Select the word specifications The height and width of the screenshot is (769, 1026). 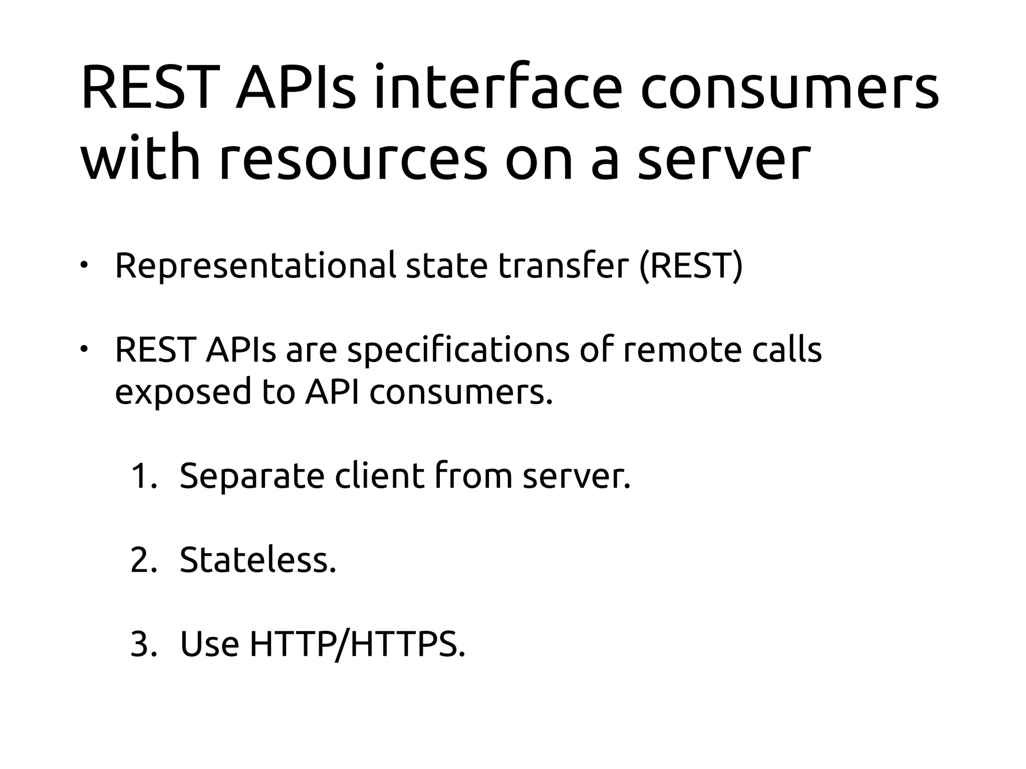coord(458,350)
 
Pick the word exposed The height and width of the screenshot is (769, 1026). coord(183,392)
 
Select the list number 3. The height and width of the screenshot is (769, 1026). coord(143,644)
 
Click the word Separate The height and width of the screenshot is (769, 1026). coord(252,477)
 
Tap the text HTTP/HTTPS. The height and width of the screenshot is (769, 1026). coord(357,644)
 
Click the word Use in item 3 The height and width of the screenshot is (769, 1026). coord(209,644)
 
